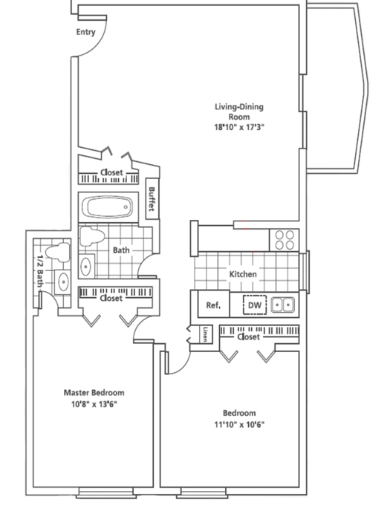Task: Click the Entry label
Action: [85, 32]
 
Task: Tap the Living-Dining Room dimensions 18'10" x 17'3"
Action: [239, 127]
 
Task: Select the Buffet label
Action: [152, 199]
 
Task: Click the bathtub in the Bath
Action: [108, 207]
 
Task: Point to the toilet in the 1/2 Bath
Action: [58, 251]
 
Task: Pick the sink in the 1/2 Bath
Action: [62, 282]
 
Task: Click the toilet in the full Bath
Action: [92, 236]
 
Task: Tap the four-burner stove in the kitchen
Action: [285, 240]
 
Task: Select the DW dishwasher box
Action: [255, 305]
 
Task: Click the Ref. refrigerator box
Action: [214, 304]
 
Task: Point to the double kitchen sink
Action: [282, 305]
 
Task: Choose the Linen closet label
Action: [206, 334]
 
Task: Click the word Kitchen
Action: [243, 274]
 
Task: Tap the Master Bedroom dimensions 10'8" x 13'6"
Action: [94, 404]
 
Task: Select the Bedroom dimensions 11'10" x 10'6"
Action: [239, 424]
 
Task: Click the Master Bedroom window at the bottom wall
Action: [106, 492]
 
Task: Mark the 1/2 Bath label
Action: [40, 271]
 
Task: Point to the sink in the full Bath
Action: [86, 266]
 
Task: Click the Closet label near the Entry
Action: [111, 172]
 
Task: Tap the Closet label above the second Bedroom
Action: [249, 337]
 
